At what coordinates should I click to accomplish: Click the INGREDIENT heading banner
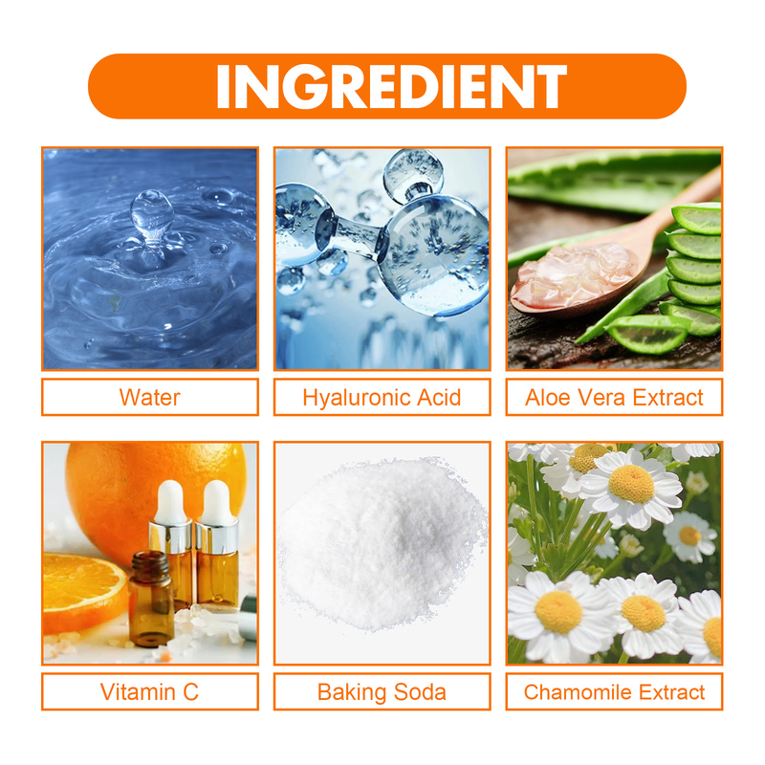(387, 86)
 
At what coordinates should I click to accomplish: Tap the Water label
(149, 397)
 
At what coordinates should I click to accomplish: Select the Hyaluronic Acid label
(382, 397)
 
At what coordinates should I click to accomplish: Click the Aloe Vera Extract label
(614, 397)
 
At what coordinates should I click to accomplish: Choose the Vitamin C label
(149, 692)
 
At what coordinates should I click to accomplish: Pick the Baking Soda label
(382, 692)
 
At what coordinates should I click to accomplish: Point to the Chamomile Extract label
(614, 692)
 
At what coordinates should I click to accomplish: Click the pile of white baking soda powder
(382, 545)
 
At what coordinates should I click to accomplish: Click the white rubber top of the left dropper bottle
(170, 500)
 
